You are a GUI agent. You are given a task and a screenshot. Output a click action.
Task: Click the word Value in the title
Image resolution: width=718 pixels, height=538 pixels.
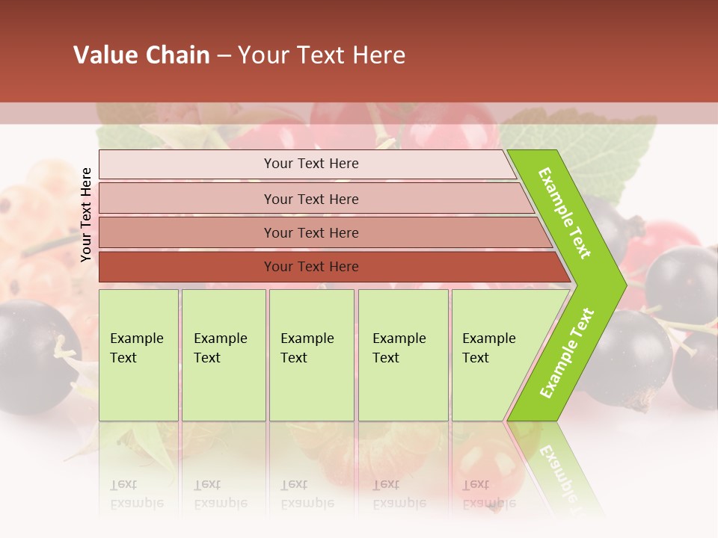pyautogui.click(x=105, y=55)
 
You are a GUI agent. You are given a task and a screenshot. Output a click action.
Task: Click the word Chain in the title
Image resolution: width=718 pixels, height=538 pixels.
pyautogui.click(x=177, y=55)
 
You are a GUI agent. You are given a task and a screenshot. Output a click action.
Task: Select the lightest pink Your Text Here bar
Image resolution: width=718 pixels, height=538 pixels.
pyautogui.click(x=307, y=164)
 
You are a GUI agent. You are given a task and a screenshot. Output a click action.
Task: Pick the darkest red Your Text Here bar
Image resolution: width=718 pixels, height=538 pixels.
pyautogui.click(x=329, y=267)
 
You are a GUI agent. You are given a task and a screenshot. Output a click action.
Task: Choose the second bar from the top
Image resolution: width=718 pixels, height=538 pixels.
pyautogui.click(x=314, y=199)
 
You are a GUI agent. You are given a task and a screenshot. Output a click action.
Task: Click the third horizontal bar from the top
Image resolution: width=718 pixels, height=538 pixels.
pyautogui.click(x=322, y=232)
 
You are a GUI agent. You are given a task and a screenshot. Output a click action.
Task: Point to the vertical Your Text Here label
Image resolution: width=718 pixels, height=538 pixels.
pyautogui.click(x=86, y=214)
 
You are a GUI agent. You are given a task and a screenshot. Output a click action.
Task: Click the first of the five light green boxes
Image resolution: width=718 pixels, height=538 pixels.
pyautogui.click(x=138, y=355)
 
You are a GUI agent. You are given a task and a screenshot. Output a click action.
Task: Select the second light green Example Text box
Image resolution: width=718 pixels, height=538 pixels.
pyautogui.click(x=224, y=355)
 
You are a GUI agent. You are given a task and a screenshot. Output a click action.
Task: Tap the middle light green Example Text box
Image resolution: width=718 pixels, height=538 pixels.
pyautogui.click(x=311, y=355)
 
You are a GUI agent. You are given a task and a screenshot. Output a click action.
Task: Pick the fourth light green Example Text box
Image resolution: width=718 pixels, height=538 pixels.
pyautogui.click(x=403, y=355)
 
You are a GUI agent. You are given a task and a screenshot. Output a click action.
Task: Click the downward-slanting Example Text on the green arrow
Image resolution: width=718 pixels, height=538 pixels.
pyautogui.click(x=565, y=213)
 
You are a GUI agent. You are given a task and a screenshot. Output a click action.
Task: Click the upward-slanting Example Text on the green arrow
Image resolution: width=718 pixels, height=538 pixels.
pyautogui.click(x=567, y=353)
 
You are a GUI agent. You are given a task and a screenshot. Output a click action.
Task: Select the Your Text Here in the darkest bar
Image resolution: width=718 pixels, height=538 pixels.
pyautogui.click(x=311, y=267)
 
